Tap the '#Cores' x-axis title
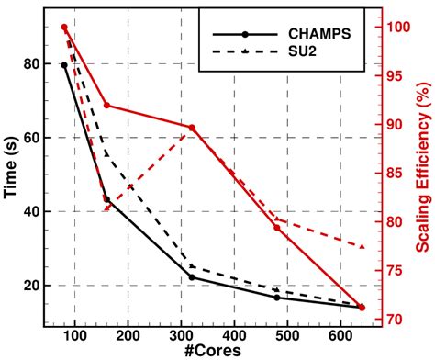(218, 351)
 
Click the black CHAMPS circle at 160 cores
(106, 199)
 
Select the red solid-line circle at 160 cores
(106, 106)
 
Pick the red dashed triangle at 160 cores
(106, 208)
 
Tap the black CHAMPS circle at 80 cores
(64, 65)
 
